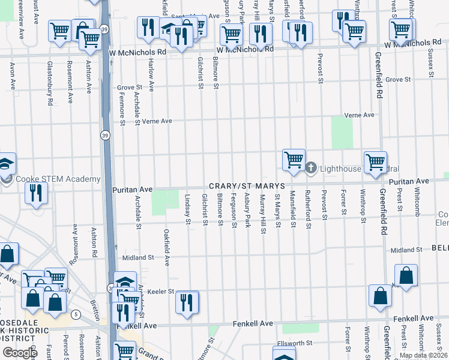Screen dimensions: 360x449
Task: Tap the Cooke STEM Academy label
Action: [x=58, y=179]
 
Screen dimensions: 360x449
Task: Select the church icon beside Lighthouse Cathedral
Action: [x=310, y=167]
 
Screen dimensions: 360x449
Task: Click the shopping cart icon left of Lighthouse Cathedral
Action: [x=294, y=160]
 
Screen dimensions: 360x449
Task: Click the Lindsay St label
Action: [x=188, y=211]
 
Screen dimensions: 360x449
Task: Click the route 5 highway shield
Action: [x=76, y=314]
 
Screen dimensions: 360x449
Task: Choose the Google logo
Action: [x=19, y=352]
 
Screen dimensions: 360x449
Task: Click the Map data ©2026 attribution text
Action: [x=423, y=355]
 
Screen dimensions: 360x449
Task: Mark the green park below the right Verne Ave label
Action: [x=342, y=133]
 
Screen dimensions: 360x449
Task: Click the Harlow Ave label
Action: [x=152, y=79]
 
